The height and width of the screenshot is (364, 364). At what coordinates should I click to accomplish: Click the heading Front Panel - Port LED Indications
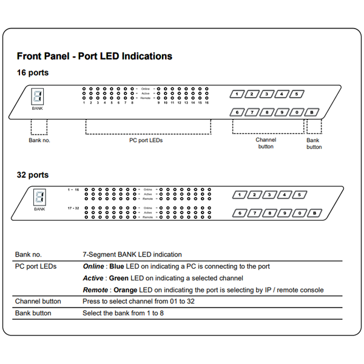[x=94, y=56]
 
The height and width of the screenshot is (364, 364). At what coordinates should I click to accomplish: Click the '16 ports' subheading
[x=33, y=73]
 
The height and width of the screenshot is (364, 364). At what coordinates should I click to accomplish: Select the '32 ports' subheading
[x=33, y=175]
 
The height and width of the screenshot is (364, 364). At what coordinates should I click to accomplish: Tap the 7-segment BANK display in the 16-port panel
[x=38, y=96]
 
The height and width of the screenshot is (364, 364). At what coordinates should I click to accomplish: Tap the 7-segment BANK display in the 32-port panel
[x=39, y=197]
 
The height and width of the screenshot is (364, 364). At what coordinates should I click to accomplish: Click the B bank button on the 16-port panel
[x=311, y=112]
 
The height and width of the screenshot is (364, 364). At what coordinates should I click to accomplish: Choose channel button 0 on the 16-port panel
[x=296, y=112]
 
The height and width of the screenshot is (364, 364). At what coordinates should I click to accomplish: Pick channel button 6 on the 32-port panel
[x=240, y=213]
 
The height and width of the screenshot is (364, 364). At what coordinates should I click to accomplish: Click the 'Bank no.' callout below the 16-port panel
[x=39, y=140]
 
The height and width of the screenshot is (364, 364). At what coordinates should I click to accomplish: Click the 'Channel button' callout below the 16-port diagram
[x=265, y=143]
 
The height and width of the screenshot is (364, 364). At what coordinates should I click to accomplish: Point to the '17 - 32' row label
[x=73, y=208]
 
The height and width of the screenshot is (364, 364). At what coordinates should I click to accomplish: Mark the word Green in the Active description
[x=120, y=278]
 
